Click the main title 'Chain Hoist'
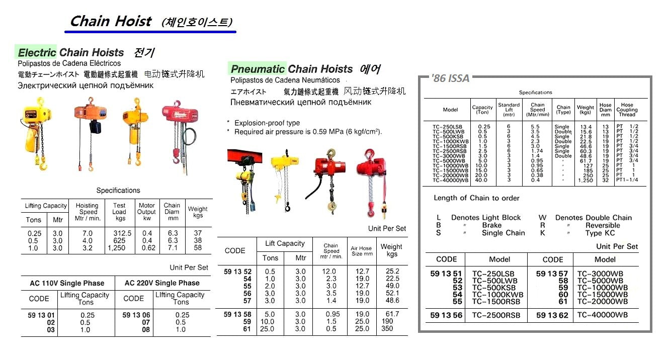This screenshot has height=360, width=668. tap(110, 21)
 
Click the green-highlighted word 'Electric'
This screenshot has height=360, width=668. tap(37, 52)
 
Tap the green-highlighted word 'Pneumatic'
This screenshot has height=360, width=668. tap(258, 69)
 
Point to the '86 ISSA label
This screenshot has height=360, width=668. tap(451, 78)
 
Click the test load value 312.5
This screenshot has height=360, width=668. tap(119, 233)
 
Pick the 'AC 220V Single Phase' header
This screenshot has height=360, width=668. tap(162, 283)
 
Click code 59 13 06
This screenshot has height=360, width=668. tap(133, 315)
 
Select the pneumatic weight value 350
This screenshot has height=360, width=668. tap(387, 329)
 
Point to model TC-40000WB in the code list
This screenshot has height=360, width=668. tap(602, 316)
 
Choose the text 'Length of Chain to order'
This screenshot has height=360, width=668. tap(476, 198)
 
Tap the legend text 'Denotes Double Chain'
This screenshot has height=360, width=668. tap(593, 218)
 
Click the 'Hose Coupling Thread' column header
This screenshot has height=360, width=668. tap(626, 110)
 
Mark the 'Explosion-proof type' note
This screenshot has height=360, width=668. tap(267, 123)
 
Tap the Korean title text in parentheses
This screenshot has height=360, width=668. tap(197, 22)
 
